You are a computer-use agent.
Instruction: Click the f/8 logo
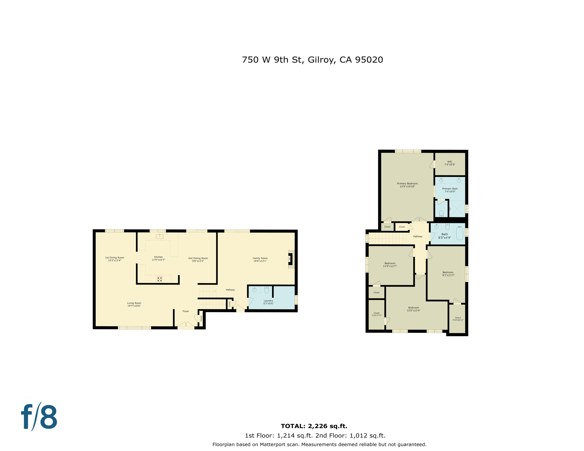click(x=39, y=417)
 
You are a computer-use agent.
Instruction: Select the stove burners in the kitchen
click(x=160, y=279)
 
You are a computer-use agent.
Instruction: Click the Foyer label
click(x=186, y=311)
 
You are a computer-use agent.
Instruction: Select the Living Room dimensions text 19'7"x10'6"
click(x=134, y=306)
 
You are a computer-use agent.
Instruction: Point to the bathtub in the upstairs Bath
click(x=459, y=234)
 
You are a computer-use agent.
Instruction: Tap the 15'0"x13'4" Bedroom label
click(x=413, y=309)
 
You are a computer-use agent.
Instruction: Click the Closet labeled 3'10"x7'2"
click(x=376, y=314)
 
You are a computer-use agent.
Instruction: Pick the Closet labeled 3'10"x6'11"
click(x=458, y=319)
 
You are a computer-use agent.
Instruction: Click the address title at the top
click(x=312, y=60)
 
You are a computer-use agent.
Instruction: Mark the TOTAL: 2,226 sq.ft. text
click(x=314, y=426)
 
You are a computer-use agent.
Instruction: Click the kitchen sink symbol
click(x=160, y=236)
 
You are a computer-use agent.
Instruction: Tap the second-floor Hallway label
click(x=418, y=236)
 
